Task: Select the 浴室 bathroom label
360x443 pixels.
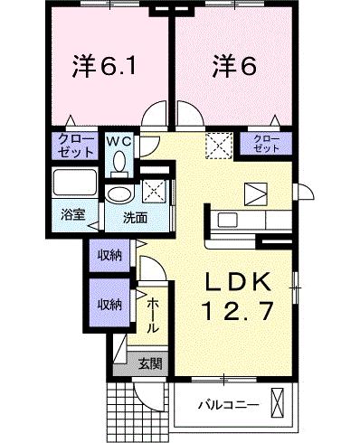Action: click(72, 214)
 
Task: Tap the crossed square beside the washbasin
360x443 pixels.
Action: click(153, 192)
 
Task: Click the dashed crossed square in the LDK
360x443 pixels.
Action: click(218, 146)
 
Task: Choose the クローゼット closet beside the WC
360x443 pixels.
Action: click(70, 145)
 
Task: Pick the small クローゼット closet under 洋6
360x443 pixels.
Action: click(264, 143)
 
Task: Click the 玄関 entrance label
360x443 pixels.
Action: click(150, 363)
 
